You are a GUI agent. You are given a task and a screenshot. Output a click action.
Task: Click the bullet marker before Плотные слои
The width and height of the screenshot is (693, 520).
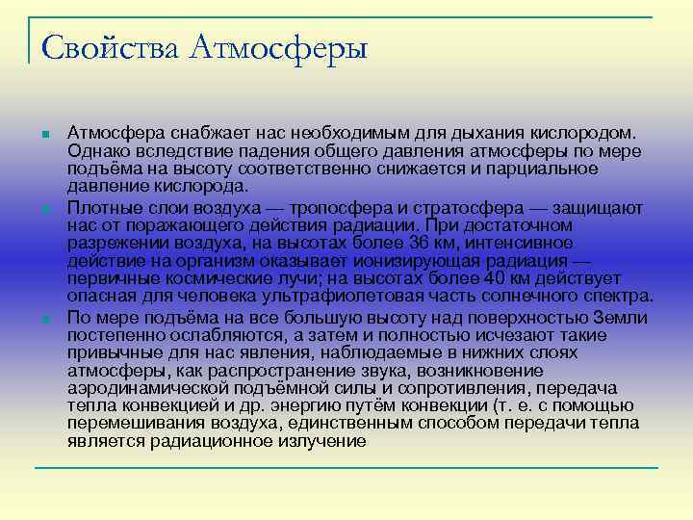[x=44, y=207]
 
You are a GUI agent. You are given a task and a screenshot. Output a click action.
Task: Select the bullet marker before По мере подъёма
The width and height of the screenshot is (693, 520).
[x=44, y=317]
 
